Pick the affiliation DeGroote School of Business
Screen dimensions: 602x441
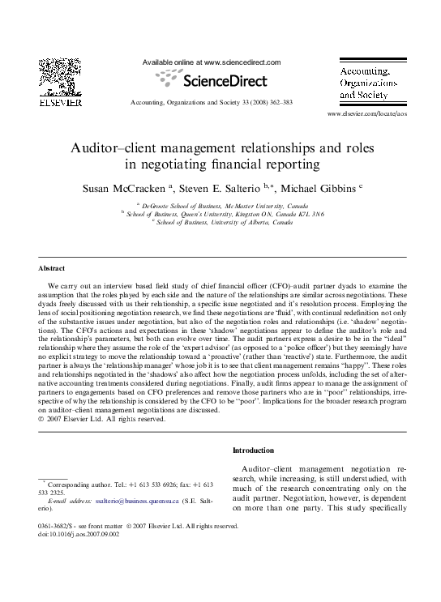tap(188, 206)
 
